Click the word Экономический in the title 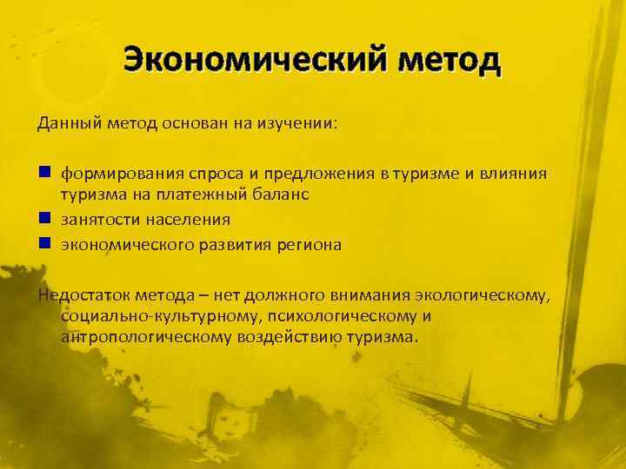pos(243,61)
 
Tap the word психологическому pos(340,316)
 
